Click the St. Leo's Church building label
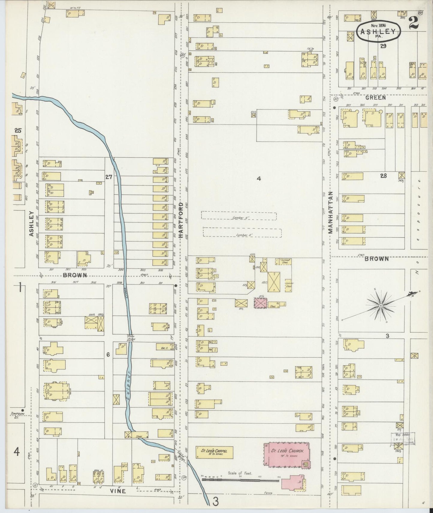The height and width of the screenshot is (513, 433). click(x=288, y=451)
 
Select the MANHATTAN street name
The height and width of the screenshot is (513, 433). click(x=331, y=212)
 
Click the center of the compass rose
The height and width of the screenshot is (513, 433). click(x=380, y=306)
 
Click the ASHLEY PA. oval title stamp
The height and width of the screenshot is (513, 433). click(x=379, y=32)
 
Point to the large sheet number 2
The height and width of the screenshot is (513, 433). click(x=414, y=23)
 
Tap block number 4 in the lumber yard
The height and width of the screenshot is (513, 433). click(x=259, y=179)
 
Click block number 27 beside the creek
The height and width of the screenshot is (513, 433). click(x=108, y=177)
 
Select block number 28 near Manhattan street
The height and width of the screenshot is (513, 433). click(x=383, y=176)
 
